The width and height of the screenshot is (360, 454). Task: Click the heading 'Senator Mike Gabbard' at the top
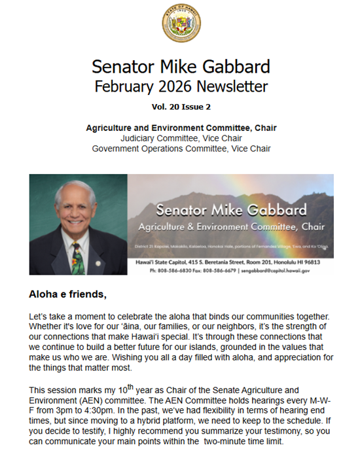coord(180,67)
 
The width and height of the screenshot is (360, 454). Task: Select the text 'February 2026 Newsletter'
coord(180,86)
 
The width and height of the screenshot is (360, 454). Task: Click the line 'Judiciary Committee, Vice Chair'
coord(181,138)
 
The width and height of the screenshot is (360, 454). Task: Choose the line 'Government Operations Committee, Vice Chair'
coord(181,148)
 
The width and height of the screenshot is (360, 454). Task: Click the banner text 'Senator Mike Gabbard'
coord(232,211)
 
